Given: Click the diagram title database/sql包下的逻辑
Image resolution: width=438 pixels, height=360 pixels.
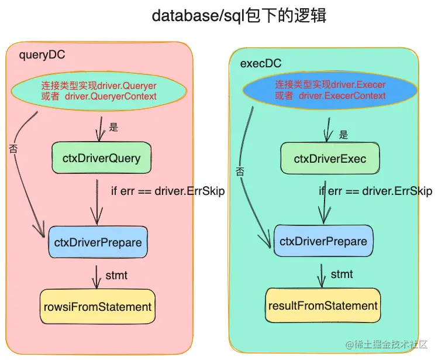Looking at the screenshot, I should pyautogui.click(x=239, y=16).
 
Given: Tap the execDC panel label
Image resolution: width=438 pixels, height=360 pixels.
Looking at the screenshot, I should pyautogui.click(x=261, y=63).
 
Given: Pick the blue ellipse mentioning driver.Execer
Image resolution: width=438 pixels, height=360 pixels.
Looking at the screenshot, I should pyautogui.click(x=330, y=91).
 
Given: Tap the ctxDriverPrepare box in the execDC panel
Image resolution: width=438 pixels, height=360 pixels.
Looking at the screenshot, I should pyautogui.click(x=323, y=241).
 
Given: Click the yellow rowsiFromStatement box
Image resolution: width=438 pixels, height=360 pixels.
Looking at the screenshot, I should pyautogui.click(x=98, y=306).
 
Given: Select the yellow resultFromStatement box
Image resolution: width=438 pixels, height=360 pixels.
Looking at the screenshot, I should pyautogui.click(x=323, y=306).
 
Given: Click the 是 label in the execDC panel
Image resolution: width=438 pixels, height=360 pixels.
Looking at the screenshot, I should pyautogui.click(x=344, y=135).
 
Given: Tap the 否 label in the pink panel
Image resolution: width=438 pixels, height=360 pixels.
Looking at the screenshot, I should pyautogui.click(x=13, y=149).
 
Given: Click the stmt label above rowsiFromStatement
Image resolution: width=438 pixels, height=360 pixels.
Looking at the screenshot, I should pyautogui.click(x=116, y=275).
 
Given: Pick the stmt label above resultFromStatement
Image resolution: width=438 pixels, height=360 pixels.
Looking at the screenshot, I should pyautogui.click(x=342, y=274).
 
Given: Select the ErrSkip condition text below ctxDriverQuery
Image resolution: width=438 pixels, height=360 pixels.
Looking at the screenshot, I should pyautogui.click(x=167, y=191).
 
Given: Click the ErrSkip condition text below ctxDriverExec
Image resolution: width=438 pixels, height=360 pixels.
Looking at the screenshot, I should pyautogui.click(x=375, y=191).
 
